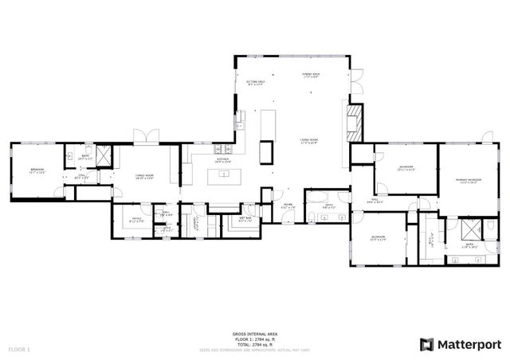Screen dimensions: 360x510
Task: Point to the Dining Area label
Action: point(312,75)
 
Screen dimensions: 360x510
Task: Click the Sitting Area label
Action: point(255,82)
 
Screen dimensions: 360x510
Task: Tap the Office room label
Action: point(137,221)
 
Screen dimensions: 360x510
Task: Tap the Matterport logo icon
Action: point(426,343)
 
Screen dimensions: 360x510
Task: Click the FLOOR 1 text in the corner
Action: point(19,349)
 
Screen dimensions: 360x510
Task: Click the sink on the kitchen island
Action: point(226,175)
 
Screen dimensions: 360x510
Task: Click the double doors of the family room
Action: point(141,136)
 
